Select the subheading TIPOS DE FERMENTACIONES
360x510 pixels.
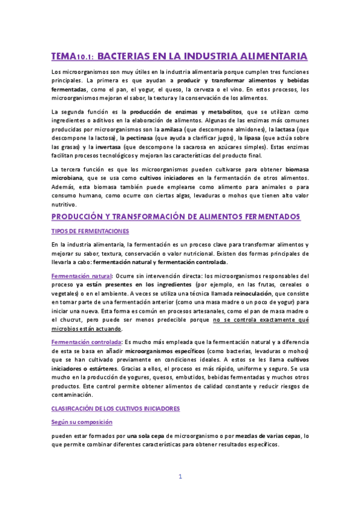pyautogui.click(x=90, y=231)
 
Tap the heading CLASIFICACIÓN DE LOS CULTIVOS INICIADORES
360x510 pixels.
pyautogui.click(x=115, y=408)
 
